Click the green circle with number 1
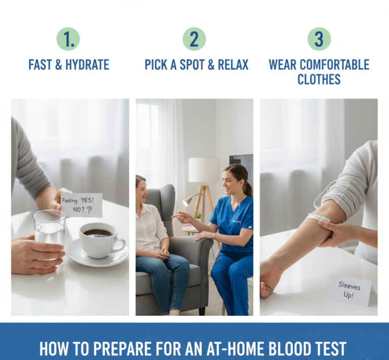(68, 39)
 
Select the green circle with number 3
(319, 39)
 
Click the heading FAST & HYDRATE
(69, 65)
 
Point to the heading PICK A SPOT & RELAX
(197, 65)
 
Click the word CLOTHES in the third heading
(319, 79)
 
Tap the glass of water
(50, 231)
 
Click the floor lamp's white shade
(204, 169)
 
